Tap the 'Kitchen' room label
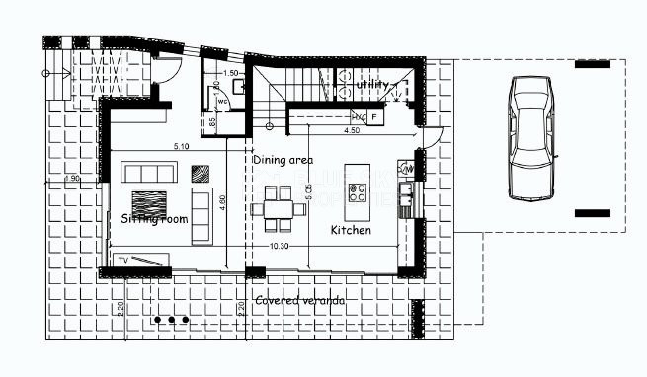[x=351, y=230]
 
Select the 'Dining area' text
[x=283, y=159]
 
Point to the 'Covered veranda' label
[x=299, y=300]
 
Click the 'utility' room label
[x=373, y=87]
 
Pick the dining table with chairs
[x=277, y=209]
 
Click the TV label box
[x=123, y=260]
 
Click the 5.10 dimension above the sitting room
[x=181, y=147]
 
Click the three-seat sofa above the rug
[x=149, y=173]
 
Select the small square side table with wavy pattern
[x=201, y=173]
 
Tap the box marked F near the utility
[x=375, y=117]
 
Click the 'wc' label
[x=222, y=100]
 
